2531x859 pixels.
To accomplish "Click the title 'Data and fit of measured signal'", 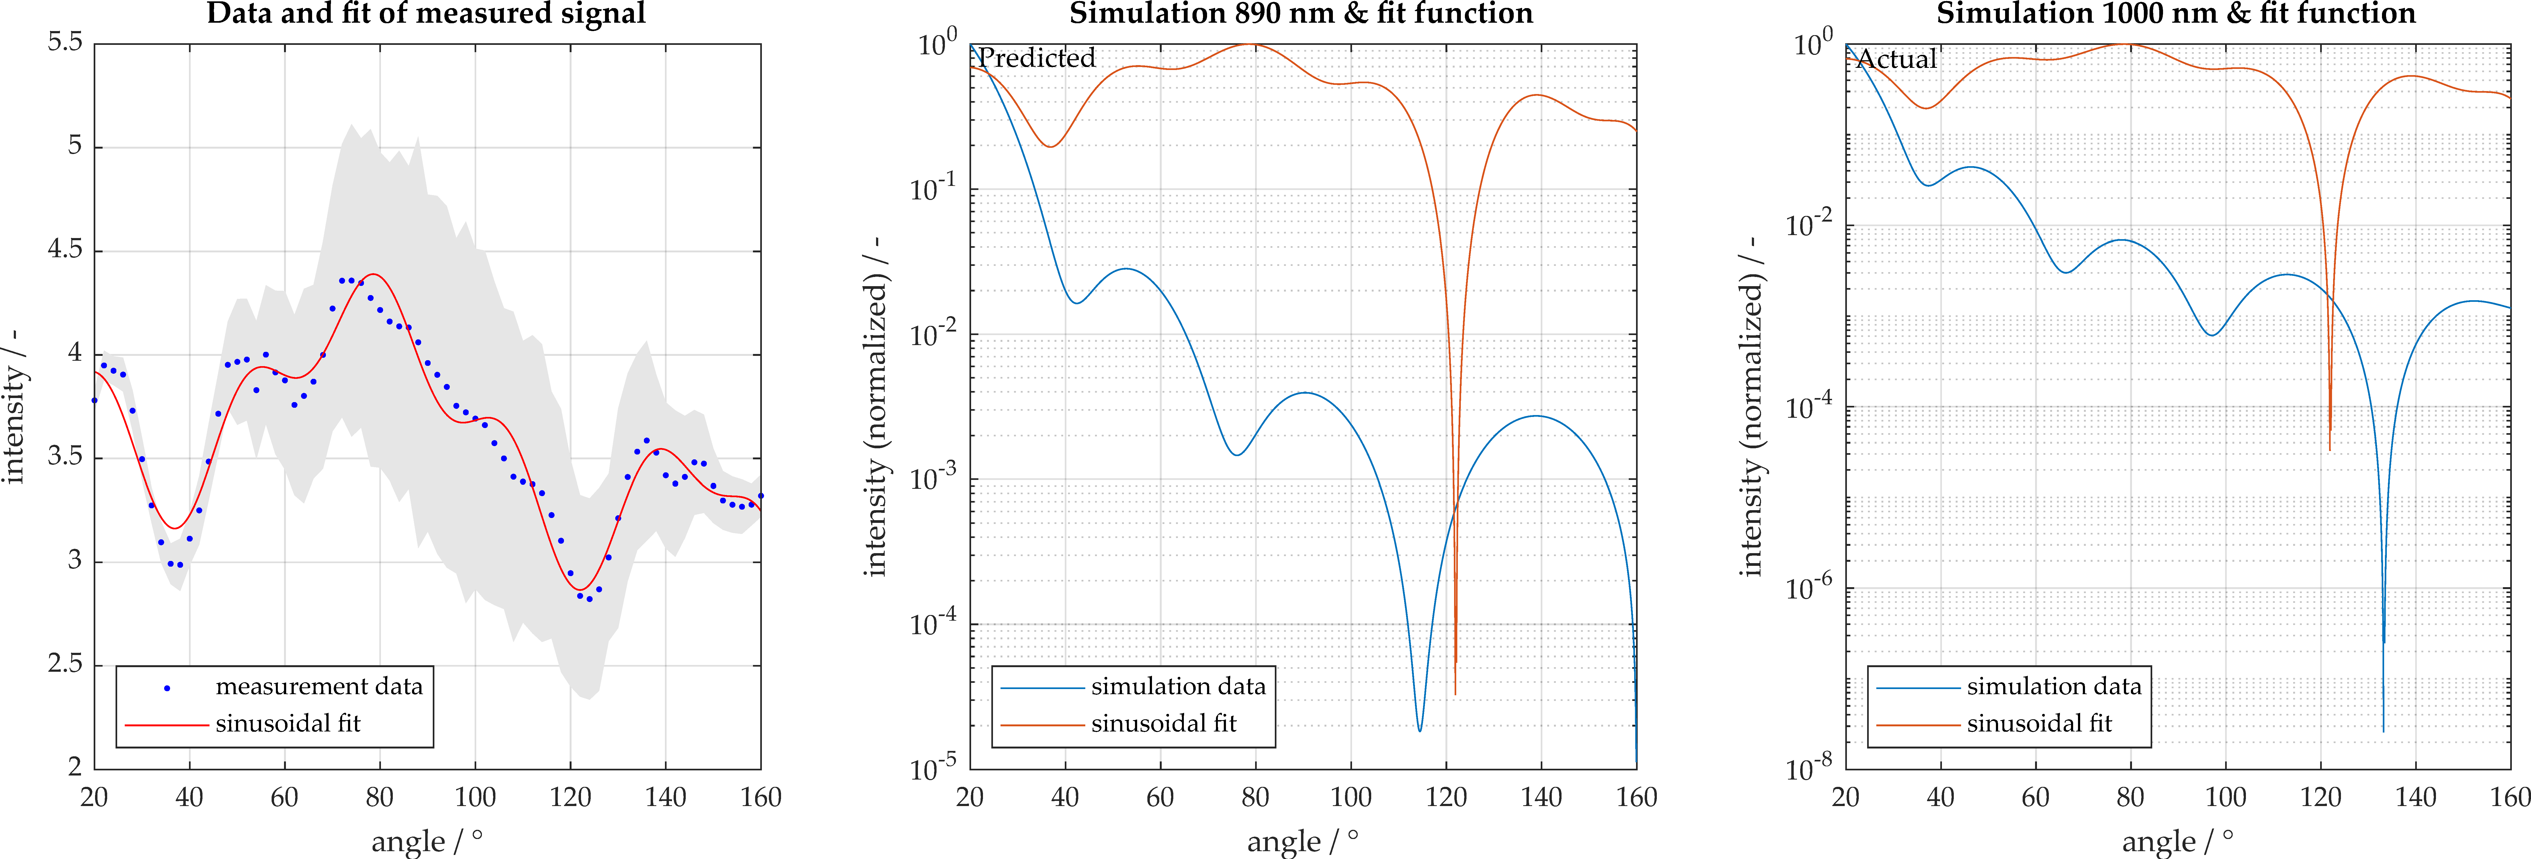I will [x=425, y=14].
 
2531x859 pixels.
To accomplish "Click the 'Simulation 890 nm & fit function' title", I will [x=1301, y=14].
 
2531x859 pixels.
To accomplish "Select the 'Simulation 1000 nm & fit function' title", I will [x=2175, y=14].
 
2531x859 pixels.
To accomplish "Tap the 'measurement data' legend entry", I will [x=318, y=686].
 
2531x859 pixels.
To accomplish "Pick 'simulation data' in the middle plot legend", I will [x=1178, y=686].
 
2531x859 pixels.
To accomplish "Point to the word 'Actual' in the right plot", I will [x=1897, y=59].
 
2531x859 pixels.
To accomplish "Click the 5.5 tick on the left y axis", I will [x=65, y=42].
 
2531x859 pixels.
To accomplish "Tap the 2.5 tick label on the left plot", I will [x=65, y=664].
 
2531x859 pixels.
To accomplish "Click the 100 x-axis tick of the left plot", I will [x=475, y=797].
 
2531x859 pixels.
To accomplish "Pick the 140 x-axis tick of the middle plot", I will [x=1541, y=797].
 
